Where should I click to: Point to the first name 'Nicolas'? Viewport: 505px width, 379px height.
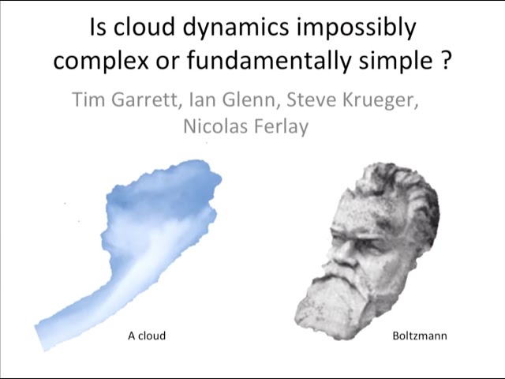216,126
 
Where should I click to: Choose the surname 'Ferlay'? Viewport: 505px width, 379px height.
282,126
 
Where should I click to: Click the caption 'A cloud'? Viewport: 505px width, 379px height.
147,336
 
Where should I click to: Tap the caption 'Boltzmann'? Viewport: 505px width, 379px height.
420,336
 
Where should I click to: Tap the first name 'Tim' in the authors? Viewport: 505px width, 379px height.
88,101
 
